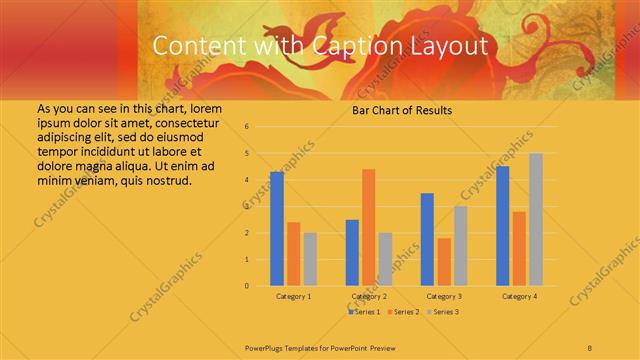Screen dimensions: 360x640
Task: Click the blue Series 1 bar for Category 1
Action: click(277, 229)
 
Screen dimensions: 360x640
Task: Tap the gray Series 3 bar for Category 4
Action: click(536, 219)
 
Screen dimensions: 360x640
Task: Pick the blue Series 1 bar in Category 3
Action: click(427, 239)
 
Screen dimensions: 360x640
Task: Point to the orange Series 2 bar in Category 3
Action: click(444, 262)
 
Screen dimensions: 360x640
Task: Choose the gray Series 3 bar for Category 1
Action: click(310, 259)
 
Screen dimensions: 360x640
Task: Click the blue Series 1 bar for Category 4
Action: click(503, 226)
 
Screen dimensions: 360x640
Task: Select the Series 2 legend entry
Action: click(403, 312)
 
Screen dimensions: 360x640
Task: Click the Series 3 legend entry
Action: click(443, 312)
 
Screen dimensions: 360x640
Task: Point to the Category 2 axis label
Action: click(369, 297)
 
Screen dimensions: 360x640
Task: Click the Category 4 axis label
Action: click(519, 297)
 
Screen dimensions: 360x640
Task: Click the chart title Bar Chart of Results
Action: click(402, 110)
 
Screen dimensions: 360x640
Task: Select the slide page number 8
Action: click(590, 346)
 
